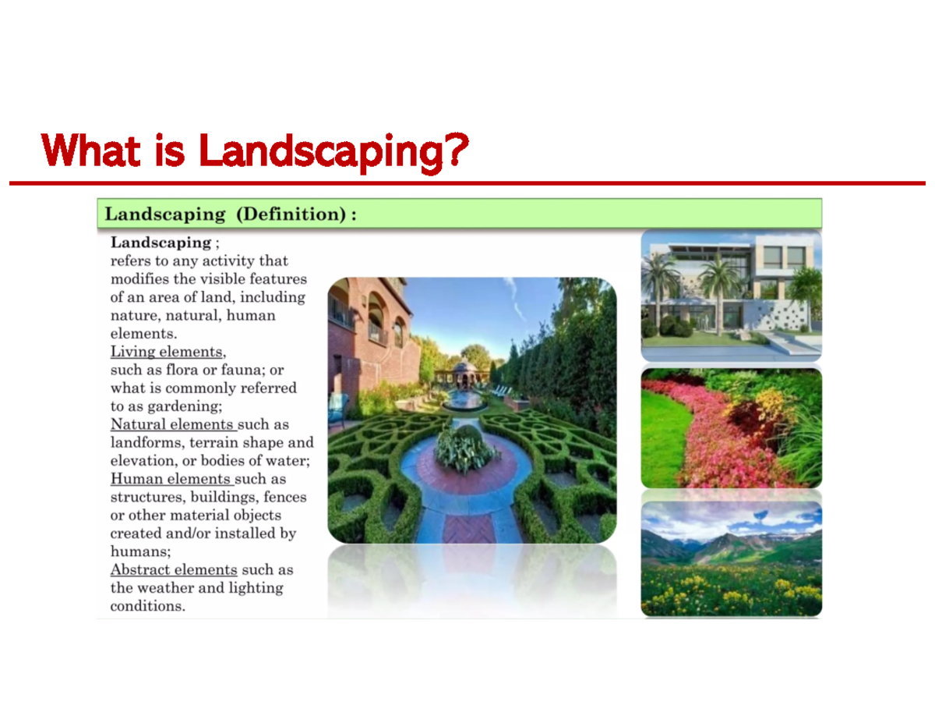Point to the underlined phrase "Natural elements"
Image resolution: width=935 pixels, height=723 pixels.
point(172,424)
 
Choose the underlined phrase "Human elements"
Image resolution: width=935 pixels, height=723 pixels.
point(171,479)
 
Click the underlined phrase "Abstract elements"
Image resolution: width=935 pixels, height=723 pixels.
point(173,570)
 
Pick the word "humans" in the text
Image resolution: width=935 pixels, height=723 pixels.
point(133,551)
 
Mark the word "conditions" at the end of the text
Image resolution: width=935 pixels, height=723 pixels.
point(146,606)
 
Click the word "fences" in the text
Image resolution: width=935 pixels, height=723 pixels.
point(285,497)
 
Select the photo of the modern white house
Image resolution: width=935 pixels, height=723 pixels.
point(731,295)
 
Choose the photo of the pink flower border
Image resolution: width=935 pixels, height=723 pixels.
point(731,427)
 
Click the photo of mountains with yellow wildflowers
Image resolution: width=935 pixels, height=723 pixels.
point(731,558)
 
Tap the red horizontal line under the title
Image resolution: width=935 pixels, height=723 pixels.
point(467,183)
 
